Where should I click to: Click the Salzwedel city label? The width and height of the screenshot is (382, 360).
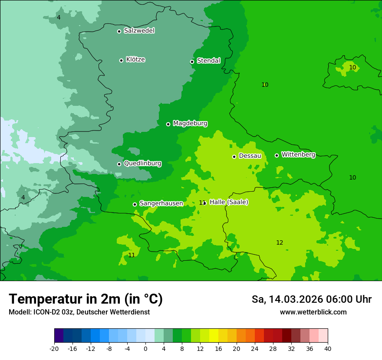[x=139, y=31]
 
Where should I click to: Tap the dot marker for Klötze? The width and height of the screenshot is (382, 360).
[x=121, y=60]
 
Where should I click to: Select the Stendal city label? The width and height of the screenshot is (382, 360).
[x=208, y=61]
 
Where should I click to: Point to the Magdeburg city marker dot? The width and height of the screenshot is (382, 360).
[x=168, y=124]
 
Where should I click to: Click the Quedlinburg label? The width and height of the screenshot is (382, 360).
[x=142, y=164]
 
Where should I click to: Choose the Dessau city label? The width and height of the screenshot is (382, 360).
[x=250, y=156]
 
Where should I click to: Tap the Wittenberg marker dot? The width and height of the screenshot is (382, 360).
[x=277, y=155]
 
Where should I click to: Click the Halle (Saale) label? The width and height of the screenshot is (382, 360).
[x=229, y=202]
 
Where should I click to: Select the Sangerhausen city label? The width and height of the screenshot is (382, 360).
[x=161, y=203]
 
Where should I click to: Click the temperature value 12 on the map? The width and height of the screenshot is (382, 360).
[x=280, y=242]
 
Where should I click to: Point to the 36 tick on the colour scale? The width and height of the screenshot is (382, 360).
[x=310, y=349]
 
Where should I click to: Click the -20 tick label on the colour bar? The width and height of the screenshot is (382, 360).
[x=54, y=349]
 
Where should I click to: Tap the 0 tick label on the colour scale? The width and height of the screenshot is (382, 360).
[x=145, y=349]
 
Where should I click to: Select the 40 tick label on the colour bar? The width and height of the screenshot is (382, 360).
[x=327, y=349]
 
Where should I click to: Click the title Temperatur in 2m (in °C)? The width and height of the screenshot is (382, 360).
[x=86, y=299]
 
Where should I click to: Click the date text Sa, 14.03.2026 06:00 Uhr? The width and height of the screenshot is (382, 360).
[x=311, y=299]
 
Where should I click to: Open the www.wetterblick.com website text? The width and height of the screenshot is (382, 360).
[x=313, y=312]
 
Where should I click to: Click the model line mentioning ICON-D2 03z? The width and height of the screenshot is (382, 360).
[x=79, y=312]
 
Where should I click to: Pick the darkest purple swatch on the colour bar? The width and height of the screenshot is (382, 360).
[x=59, y=336]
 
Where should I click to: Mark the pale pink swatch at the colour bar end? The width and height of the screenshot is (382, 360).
[x=323, y=336]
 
